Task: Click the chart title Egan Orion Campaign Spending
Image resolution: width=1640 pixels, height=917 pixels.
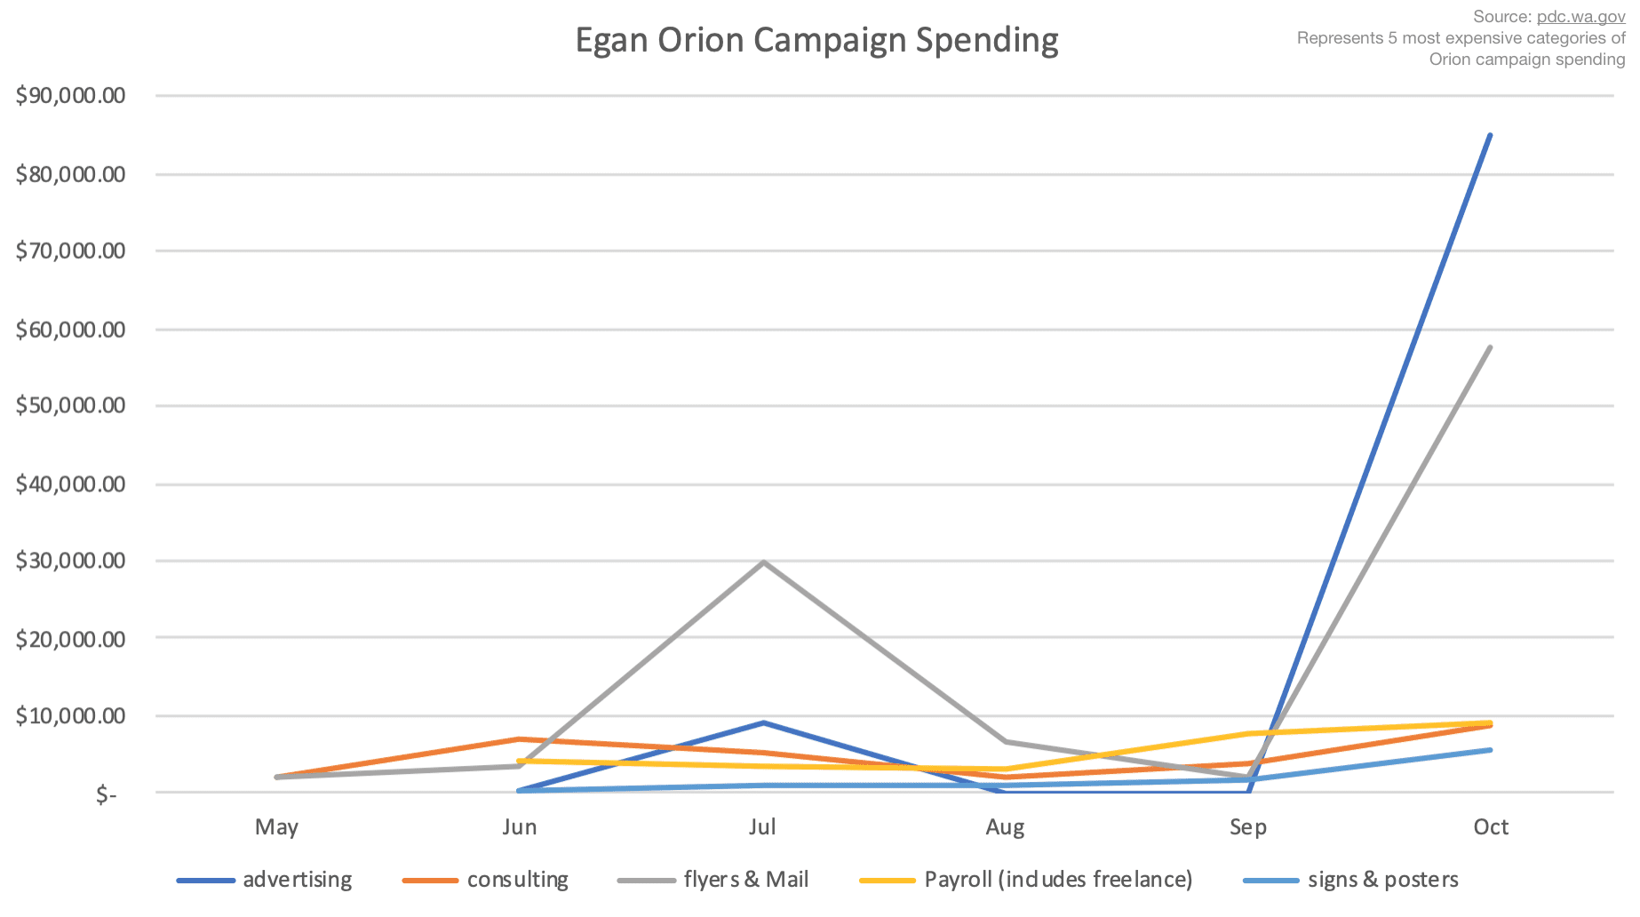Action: pos(816,41)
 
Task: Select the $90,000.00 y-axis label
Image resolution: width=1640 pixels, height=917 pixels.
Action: pos(70,96)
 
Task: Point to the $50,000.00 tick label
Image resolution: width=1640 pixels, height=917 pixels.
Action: pos(70,406)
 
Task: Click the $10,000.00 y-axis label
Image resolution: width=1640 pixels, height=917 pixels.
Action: pos(70,716)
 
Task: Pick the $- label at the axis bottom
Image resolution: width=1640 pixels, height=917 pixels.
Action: pos(106,794)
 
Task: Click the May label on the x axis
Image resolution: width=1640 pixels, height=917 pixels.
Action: pos(276,827)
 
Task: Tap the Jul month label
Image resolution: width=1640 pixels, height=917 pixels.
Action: pos(762,827)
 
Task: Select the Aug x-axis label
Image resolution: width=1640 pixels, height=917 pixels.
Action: pos(1005,827)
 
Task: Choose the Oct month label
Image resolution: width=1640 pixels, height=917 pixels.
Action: pos(1491,827)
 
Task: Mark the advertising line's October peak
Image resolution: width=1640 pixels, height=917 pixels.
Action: pos(1490,135)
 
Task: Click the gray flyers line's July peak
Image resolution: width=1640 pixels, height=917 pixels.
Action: pos(763,562)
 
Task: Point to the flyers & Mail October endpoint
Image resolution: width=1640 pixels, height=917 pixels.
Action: pos(1490,347)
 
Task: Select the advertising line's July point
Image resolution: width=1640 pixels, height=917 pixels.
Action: pos(763,722)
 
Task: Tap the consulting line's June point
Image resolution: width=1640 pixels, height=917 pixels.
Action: pos(520,739)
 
